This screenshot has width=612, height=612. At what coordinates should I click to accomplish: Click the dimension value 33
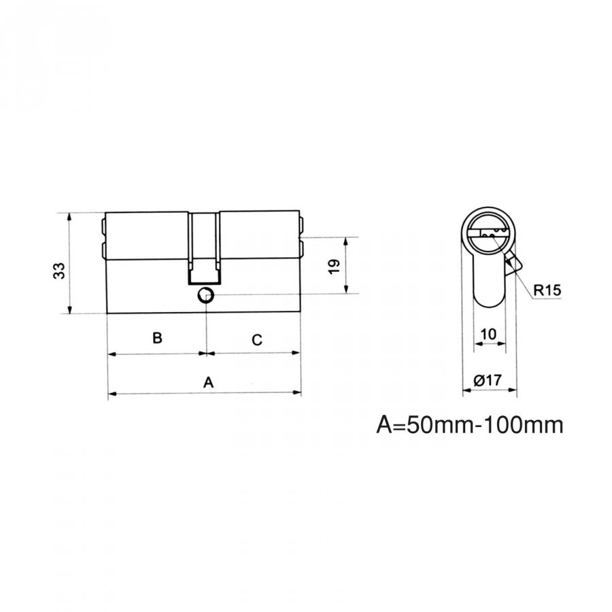(59, 271)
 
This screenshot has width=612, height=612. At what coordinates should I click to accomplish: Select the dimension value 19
(335, 267)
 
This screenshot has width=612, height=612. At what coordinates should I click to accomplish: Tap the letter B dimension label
(157, 337)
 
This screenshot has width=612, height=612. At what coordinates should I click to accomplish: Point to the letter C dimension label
(257, 340)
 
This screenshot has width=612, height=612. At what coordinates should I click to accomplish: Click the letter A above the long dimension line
(209, 382)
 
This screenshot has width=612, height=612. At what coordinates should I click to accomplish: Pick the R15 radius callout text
(547, 290)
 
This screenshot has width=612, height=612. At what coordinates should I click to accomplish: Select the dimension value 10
(488, 334)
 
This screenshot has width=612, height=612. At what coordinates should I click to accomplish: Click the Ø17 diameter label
(488, 379)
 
